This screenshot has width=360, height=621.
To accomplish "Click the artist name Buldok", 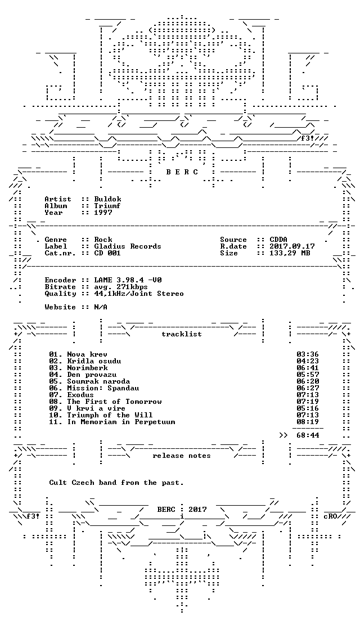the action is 108,199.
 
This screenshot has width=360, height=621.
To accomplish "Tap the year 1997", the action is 103,213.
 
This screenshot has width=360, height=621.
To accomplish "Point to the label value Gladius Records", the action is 128,246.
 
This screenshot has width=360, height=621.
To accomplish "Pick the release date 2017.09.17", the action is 292,246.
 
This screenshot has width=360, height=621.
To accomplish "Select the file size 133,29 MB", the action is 290,253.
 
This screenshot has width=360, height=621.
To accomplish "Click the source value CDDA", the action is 279,240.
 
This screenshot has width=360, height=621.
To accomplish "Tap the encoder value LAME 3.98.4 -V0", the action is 128,280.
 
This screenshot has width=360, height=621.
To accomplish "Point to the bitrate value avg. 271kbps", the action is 121,287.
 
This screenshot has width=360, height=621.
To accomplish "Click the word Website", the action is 61,307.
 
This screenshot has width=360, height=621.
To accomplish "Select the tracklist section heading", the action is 182,334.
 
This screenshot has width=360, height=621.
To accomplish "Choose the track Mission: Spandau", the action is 103,388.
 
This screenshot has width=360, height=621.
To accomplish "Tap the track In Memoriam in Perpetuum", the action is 121,422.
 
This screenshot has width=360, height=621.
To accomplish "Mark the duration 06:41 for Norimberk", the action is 308,368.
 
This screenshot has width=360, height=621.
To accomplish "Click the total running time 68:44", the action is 308,435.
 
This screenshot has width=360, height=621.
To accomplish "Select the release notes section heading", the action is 182,456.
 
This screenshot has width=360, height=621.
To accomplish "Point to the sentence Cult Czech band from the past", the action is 116,483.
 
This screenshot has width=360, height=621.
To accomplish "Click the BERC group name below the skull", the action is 182,172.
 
